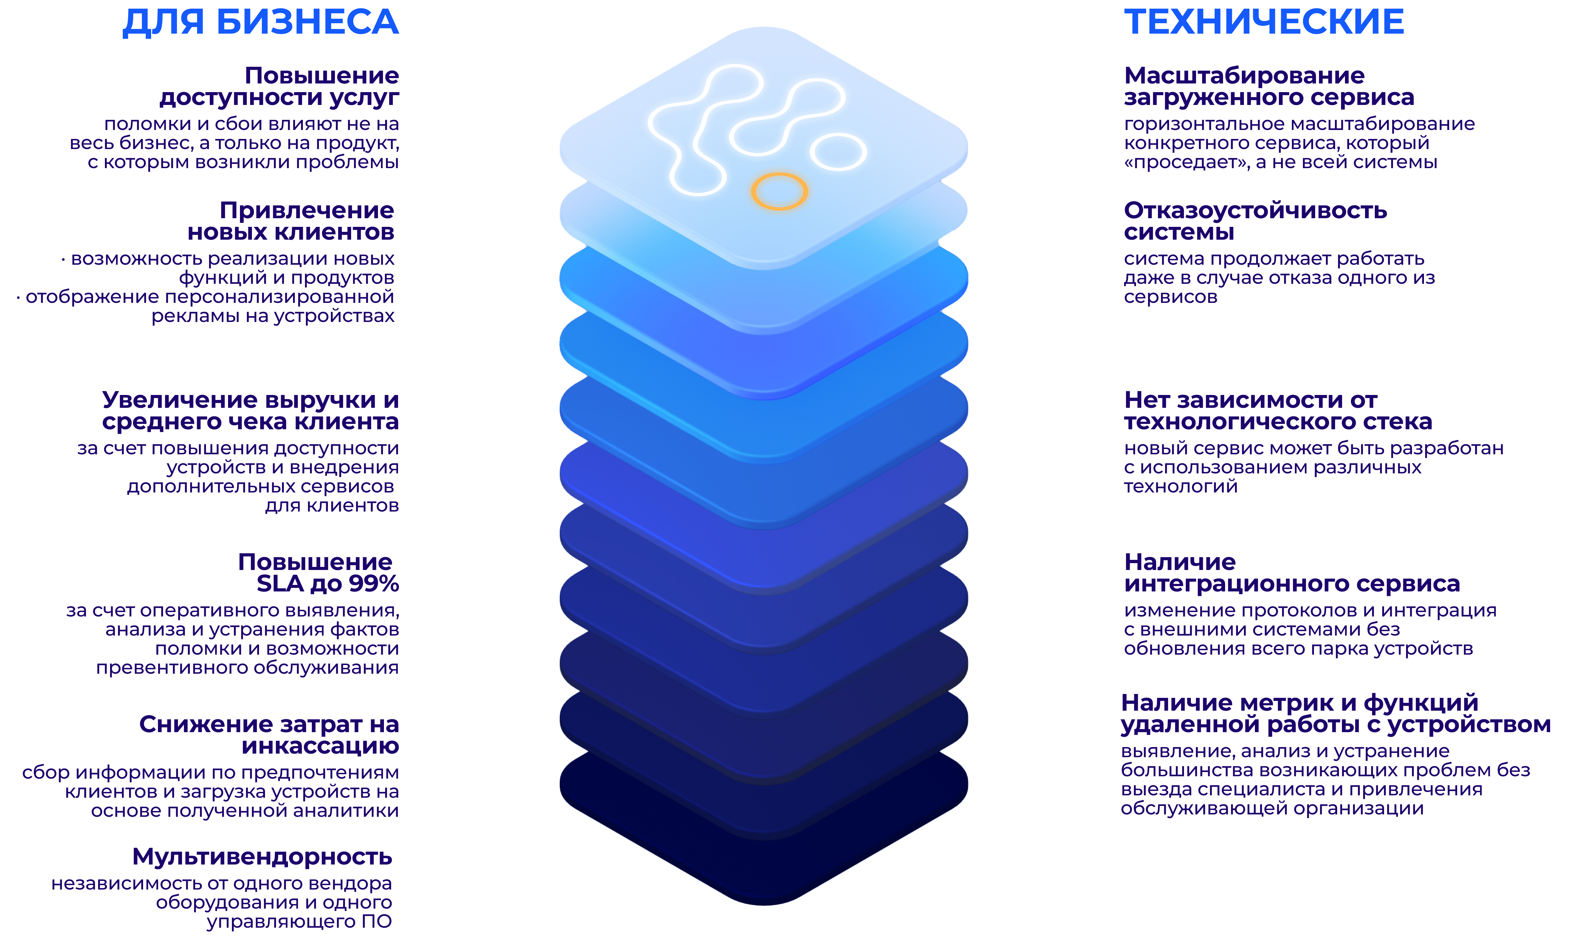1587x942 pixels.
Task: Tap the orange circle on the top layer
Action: (x=779, y=190)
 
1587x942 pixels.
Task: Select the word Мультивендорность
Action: (x=262, y=857)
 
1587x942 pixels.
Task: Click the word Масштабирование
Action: (x=1244, y=75)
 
